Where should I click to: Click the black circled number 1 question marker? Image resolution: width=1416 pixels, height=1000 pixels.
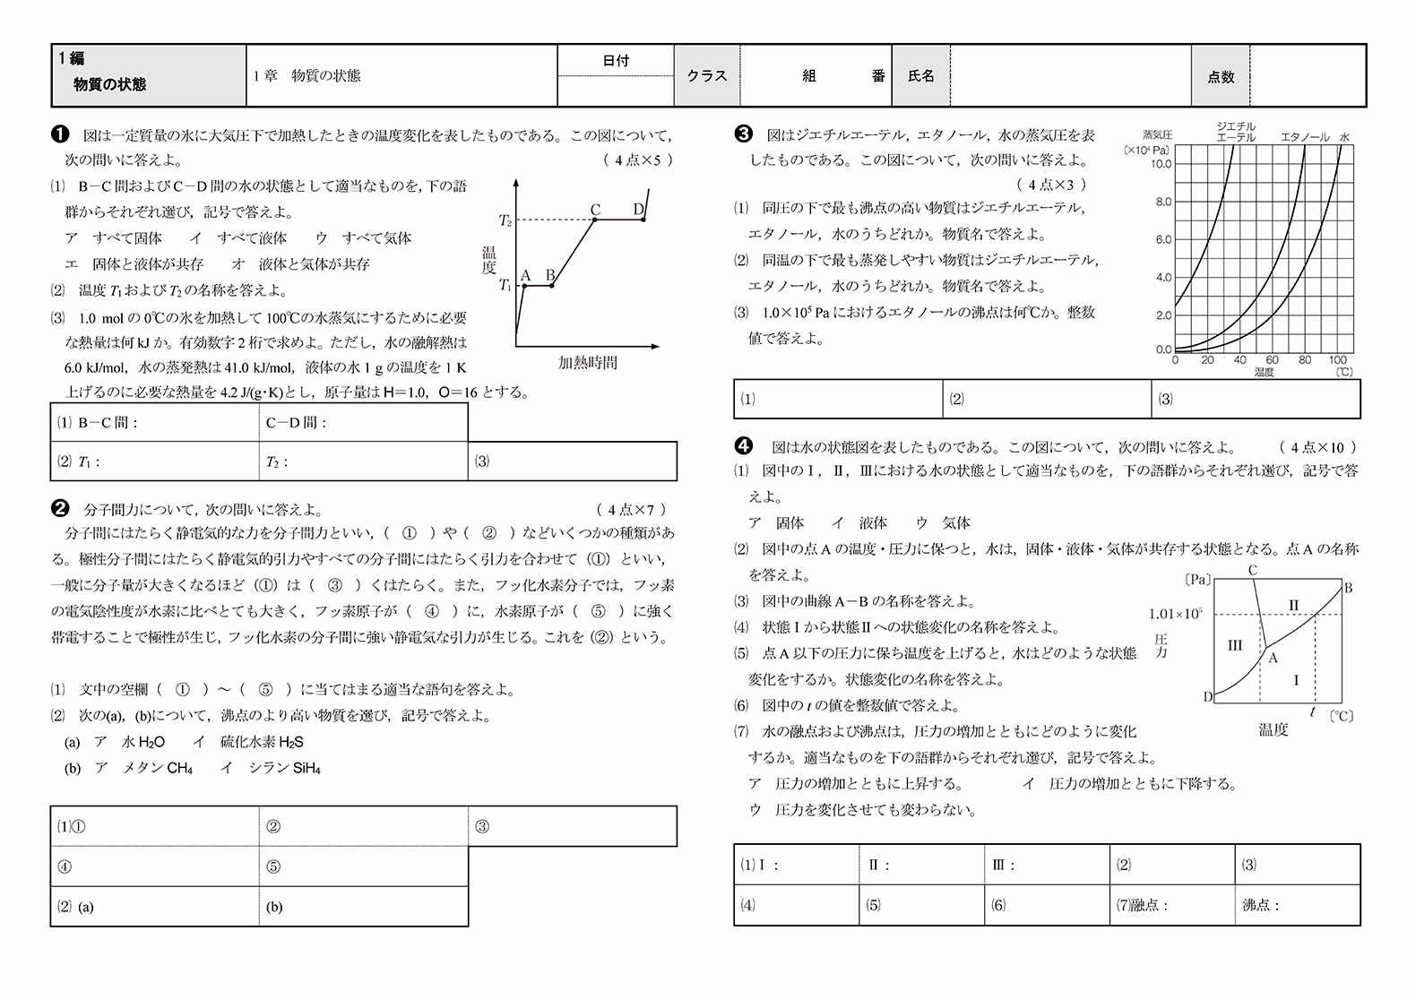pyautogui.click(x=60, y=135)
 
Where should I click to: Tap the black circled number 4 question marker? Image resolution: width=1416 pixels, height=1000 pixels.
pyautogui.click(x=743, y=446)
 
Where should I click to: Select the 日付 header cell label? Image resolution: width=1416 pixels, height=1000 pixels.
pyautogui.click(x=615, y=60)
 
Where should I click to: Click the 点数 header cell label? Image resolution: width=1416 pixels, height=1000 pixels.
pyautogui.click(x=1221, y=77)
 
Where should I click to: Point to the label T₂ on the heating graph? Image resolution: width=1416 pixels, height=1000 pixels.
pyautogui.click(x=505, y=220)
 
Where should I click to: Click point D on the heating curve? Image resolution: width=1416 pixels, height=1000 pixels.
pyautogui.click(x=640, y=210)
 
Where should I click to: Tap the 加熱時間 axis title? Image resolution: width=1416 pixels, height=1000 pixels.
pyautogui.click(x=587, y=363)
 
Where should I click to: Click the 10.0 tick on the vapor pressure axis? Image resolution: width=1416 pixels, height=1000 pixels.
pyautogui.click(x=1161, y=164)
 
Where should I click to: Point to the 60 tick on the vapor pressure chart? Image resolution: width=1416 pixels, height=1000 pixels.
pyautogui.click(x=1273, y=360)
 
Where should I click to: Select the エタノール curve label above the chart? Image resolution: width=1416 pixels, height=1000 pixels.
pyautogui.click(x=1305, y=137)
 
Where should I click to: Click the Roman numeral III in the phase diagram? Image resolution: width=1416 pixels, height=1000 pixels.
pyautogui.click(x=1235, y=645)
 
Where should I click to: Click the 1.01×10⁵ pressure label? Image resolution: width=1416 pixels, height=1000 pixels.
pyautogui.click(x=1175, y=614)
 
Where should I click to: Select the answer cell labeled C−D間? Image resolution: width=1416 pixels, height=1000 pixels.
pyautogui.click(x=363, y=423)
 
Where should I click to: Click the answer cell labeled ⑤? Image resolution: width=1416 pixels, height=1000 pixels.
pyautogui.click(x=363, y=866)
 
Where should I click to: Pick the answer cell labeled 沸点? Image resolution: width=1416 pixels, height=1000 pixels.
pyautogui.click(x=1297, y=905)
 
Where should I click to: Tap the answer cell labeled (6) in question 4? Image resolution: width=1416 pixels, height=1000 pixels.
pyautogui.click(x=1046, y=905)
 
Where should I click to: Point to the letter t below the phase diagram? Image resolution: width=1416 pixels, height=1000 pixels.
pyautogui.click(x=1313, y=712)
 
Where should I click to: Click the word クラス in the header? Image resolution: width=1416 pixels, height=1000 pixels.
pyautogui.click(x=706, y=76)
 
